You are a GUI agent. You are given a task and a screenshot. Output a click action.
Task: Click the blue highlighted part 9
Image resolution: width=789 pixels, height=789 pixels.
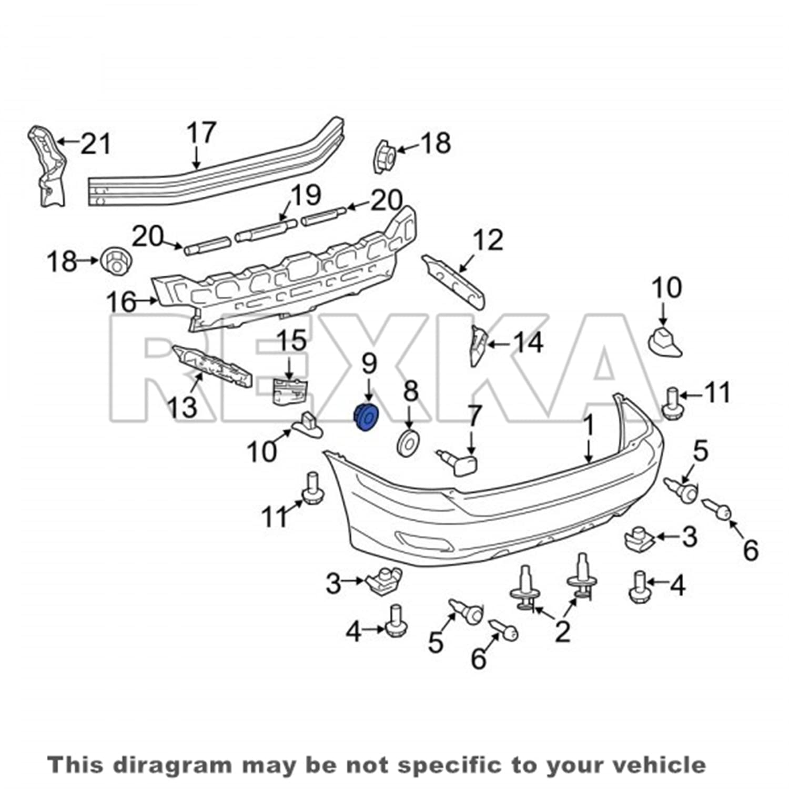[x=365, y=417]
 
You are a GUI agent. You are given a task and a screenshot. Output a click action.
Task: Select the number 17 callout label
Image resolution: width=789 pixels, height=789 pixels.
[x=201, y=133]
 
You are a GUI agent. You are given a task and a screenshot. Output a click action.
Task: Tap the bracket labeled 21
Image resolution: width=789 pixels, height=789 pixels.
[x=46, y=165]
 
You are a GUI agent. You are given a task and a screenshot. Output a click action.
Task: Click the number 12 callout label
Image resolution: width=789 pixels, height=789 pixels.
[x=488, y=240]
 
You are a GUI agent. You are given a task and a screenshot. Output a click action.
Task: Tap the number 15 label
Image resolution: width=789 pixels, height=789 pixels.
[x=292, y=341]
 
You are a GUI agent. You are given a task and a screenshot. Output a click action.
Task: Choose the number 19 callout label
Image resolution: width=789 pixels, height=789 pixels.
[x=306, y=196]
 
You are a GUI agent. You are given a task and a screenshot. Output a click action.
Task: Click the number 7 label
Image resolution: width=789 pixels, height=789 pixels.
[x=474, y=417]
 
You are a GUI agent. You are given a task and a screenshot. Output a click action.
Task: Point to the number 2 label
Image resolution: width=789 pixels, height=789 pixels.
[x=562, y=631]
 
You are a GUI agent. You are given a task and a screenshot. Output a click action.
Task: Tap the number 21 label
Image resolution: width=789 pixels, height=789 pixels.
[x=96, y=144]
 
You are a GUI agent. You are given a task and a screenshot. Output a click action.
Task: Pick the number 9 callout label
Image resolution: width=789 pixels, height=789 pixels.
[x=369, y=363]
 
